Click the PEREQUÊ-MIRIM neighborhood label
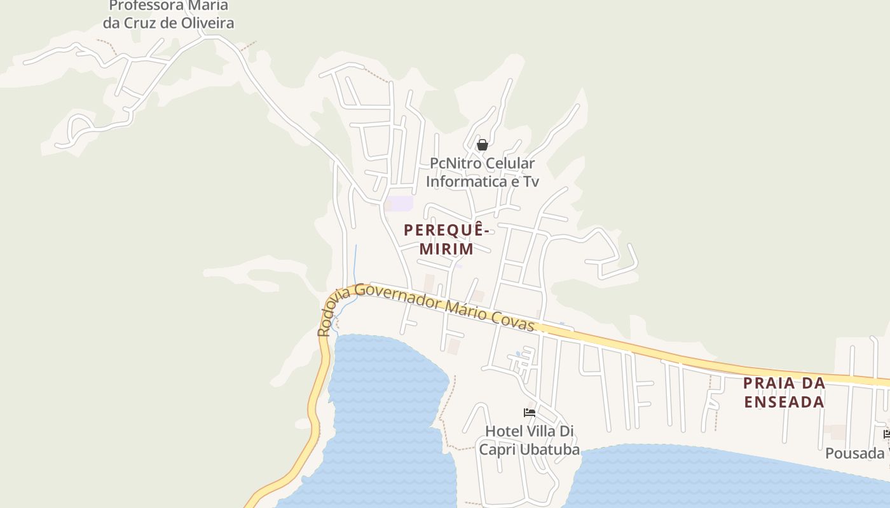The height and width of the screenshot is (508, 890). point(446,239)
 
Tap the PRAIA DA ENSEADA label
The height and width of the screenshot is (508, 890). point(784,392)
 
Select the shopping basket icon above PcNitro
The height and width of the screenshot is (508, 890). point(483,145)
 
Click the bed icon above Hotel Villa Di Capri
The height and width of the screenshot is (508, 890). point(529,413)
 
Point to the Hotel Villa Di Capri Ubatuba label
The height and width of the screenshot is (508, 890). point(529,440)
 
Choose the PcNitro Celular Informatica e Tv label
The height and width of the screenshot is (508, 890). point(483,172)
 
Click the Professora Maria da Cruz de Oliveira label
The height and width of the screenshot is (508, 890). point(168,15)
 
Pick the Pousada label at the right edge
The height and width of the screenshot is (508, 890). point(855,453)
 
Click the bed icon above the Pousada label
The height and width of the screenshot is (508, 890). point(887,434)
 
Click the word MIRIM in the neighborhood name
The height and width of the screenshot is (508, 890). point(446,249)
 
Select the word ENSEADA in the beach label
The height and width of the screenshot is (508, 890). point(784,402)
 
